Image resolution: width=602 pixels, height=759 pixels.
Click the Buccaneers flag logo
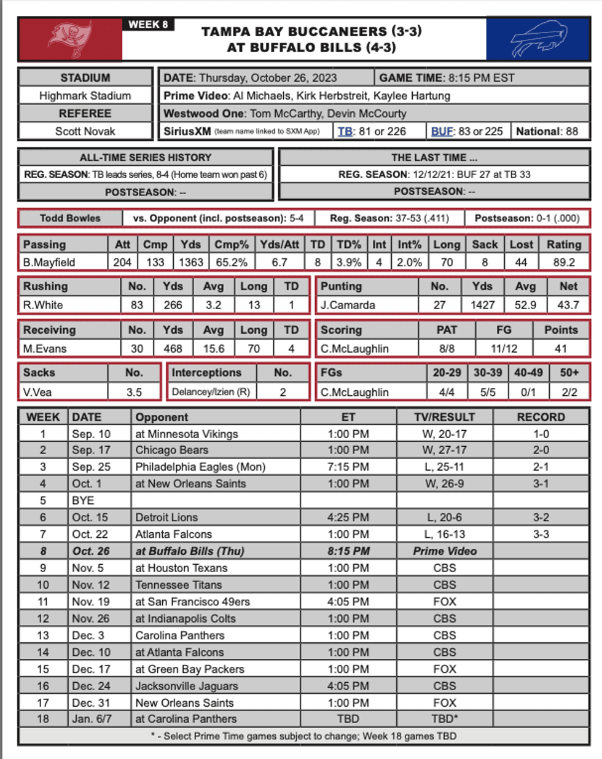[x=70, y=39]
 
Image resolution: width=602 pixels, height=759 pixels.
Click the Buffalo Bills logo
[x=538, y=39]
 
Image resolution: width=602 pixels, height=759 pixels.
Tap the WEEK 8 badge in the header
[x=148, y=25]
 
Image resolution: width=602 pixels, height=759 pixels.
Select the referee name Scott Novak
[x=85, y=131]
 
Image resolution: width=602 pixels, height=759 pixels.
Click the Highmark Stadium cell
[x=85, y=95]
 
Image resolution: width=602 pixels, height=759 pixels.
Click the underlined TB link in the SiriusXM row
[x=345, y=131]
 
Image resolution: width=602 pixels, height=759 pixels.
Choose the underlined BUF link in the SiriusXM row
[x=442, y=131]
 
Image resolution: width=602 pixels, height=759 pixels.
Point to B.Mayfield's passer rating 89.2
[x=563, y=262]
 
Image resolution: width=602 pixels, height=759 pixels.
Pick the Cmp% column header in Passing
[x=231, y=244]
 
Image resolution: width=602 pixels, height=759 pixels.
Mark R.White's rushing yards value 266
[x=173, y=305]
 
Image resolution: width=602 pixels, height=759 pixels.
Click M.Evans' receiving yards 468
[x=173, y=348]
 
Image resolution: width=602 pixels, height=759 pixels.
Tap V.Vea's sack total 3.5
[x=134, y=392]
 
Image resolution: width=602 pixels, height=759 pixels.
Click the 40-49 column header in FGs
[x=528, y=372]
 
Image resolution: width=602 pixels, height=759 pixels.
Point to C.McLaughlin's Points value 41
[x=560, y=348]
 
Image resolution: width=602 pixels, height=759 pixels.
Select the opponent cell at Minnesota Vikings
[x=186, y=434]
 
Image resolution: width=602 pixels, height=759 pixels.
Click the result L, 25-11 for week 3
[x=444, y=466]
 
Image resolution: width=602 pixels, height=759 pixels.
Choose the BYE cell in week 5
[x=83, y=500]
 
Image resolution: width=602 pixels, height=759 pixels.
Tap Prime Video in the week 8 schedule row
[x=444, y=551]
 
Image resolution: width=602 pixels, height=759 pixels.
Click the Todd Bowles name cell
[x=70, y=218]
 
